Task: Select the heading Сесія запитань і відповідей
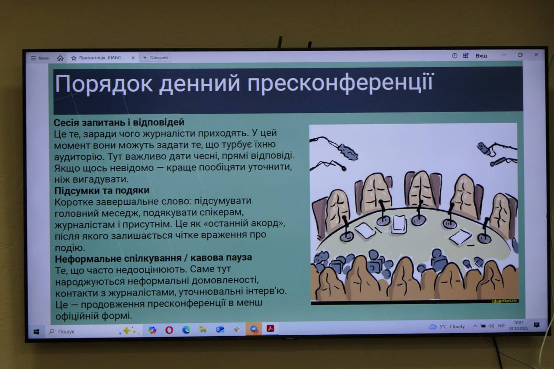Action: click(x=119, y=122)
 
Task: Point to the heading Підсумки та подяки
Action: click(x=102, y=190)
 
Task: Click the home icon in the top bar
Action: click(x=60, y=58)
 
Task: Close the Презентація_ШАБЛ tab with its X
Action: click(x=133, y=58)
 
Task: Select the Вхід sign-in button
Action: click(x=481, y=56)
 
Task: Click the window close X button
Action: click(x=536, y=55)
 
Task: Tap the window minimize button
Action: click(x=504, y=55)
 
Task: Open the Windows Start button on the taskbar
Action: click(x=36, y=332)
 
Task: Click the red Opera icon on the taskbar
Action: click(x=169, y=330)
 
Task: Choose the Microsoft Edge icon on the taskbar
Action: click(x=186, y=330)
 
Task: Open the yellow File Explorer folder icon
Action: click(x=203, y=330)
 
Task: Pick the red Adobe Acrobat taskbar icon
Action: click(x=271, y=328)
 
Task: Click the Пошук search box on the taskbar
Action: click(x=82, y=331)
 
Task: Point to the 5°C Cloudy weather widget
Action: click(x=447, y=327)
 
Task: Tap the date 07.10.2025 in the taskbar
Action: click(x=519, y=328)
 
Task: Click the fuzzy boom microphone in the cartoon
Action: click(x=348, y=151)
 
